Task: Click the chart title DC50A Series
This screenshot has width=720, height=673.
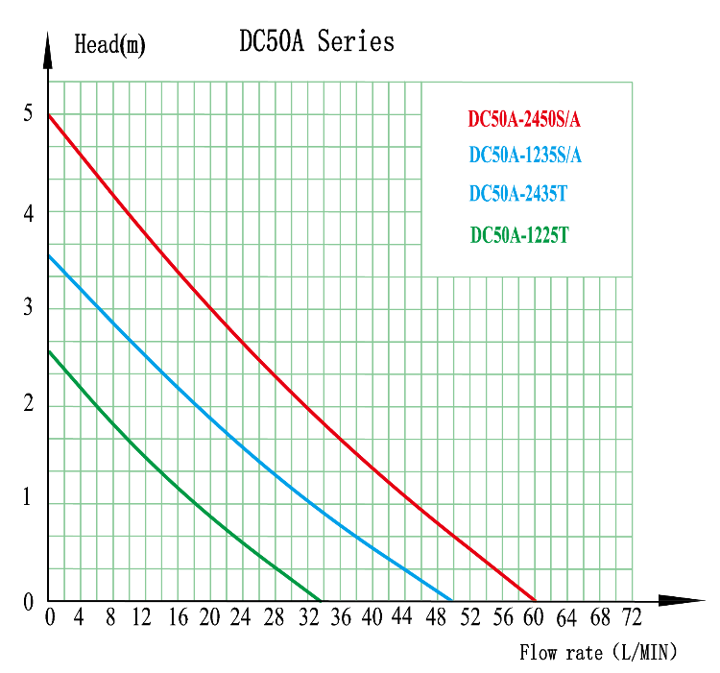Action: (316, 41)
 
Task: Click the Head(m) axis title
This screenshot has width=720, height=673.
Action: (109, 44)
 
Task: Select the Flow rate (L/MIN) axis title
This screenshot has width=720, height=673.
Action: (598, 653)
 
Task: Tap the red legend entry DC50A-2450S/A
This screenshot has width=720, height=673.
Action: (524, 120)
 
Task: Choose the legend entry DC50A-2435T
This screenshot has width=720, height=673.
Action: (518, 193)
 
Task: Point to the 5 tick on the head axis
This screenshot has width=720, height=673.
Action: (28, 114)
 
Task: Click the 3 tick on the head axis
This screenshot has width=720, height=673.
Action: (28, 308)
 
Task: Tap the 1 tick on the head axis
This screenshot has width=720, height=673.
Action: (28, 500)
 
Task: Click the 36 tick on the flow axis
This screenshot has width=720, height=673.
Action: (340, 618)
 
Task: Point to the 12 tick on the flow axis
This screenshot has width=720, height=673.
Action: (143, 618)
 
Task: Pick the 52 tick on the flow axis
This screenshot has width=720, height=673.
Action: (469, 618)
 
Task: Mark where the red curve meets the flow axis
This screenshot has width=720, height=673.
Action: (535, 599)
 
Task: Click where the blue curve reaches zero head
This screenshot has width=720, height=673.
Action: (452, 599)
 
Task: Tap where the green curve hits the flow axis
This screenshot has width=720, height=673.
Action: (321, 599)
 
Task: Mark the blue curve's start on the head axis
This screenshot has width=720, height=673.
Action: (49, 255)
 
